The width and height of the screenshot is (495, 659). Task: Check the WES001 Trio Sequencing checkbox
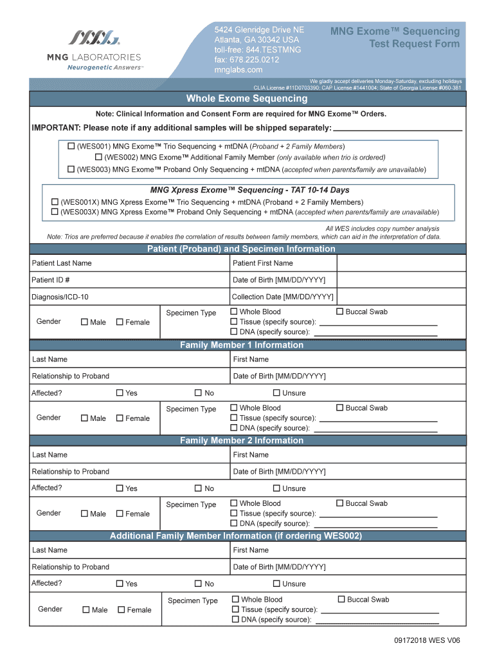pos(71,146)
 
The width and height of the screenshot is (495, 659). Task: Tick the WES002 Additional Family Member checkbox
pos(98,157)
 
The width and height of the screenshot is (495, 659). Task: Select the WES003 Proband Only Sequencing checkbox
pos(71,169)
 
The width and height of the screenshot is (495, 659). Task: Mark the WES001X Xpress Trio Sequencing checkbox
pos(55,202)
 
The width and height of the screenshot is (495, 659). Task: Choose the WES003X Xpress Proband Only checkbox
pos(55,212)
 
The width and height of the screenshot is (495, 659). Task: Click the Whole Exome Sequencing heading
pos(247,98)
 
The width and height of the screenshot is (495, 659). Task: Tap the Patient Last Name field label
pos(62,263)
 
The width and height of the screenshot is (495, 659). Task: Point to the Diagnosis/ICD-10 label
pos(60,297)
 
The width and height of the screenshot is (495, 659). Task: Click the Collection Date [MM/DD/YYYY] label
pos(283,297)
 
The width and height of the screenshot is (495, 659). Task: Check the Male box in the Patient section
pos(84,322)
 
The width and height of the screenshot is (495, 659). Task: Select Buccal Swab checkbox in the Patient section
pos(340,312)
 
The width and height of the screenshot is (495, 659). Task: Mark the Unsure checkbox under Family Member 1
pos(276,393)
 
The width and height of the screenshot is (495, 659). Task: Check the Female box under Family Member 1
pos(120,418)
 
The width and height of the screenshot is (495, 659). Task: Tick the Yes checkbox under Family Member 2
pos(120,488)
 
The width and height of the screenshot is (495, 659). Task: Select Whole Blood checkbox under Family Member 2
pos(234,503)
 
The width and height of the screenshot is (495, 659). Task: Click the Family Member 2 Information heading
pos(242,441)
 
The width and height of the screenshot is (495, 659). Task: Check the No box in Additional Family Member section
pos(198,584)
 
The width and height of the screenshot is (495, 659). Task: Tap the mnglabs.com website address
pos(239,70)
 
